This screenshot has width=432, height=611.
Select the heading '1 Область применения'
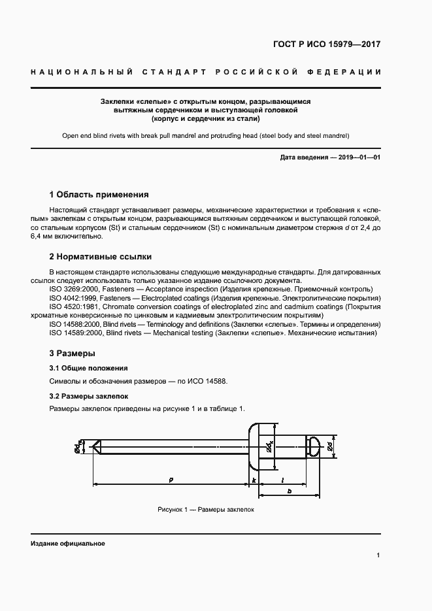tap(99, 194)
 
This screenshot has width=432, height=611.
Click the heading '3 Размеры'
tap(72, 354)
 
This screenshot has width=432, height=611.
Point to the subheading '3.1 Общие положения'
tap(88, 368)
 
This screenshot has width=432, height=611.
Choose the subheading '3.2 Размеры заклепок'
tap(88, 396)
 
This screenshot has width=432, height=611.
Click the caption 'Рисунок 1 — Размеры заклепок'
tap(205, 509)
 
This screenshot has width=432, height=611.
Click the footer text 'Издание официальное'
tap(68, 544)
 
